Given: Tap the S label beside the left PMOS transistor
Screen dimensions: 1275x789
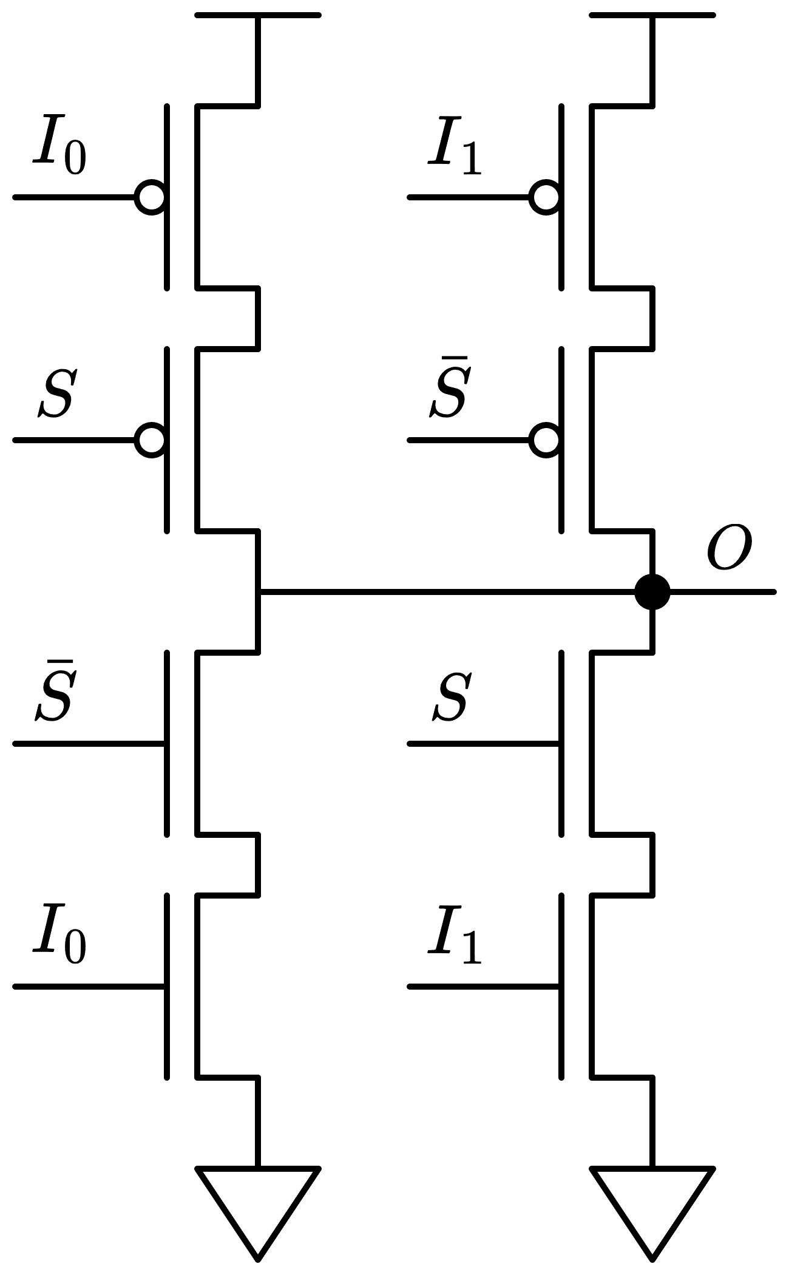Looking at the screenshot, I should click(56, 395).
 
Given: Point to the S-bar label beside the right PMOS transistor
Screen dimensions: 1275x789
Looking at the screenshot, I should click(449, 392).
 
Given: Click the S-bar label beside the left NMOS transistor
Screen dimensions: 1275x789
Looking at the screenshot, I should click(55, 695).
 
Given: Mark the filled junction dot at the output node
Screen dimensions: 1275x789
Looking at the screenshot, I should click(652, 591).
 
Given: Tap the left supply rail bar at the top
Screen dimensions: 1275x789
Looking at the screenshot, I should click(258, 15).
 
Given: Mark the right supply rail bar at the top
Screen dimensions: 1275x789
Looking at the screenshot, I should click(652, 15).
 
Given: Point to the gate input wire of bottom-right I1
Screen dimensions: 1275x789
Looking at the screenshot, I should click(483, 987).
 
